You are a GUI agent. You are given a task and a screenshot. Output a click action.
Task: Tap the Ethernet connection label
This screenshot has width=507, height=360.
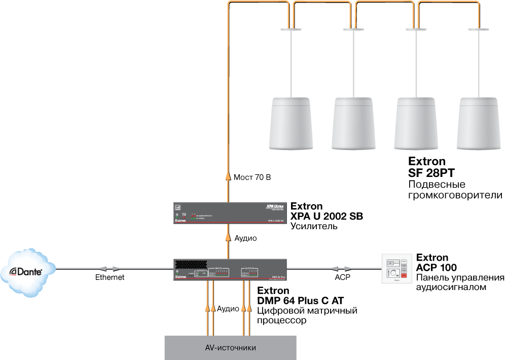pyautogui.click(x=110, y=277)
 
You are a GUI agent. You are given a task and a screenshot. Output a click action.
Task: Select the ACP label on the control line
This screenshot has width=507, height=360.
pyautogui.click(x=342, y=277)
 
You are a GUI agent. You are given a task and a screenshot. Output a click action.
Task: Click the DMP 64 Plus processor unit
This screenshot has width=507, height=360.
pyautogui.click(x=231, y=270)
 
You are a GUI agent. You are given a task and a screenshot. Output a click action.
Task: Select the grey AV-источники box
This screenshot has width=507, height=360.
pyautogui.click(x=231, y=348)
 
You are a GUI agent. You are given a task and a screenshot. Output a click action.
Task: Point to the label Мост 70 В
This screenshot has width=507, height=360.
pyautogui.click(x=252, y=177)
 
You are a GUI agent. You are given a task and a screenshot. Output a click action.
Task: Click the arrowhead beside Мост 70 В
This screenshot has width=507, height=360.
pyautogui.click(x=228, y=177)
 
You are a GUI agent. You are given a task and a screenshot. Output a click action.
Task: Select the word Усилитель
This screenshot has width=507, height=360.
pyautogui.click(x=313, y=226)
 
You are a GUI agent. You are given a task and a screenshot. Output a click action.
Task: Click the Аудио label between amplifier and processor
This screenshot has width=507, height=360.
pyautogui.click(x=245, y=238)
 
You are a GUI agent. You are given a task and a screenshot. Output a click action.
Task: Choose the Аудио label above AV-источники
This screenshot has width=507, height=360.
pyautogui.click(x=228, y=308)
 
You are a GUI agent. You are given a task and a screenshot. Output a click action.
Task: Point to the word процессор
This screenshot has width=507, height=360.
pyautogui.click(x=281, y=320)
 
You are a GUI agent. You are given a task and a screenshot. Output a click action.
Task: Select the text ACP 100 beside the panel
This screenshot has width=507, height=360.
pyautogui.click(x=436, y=267)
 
